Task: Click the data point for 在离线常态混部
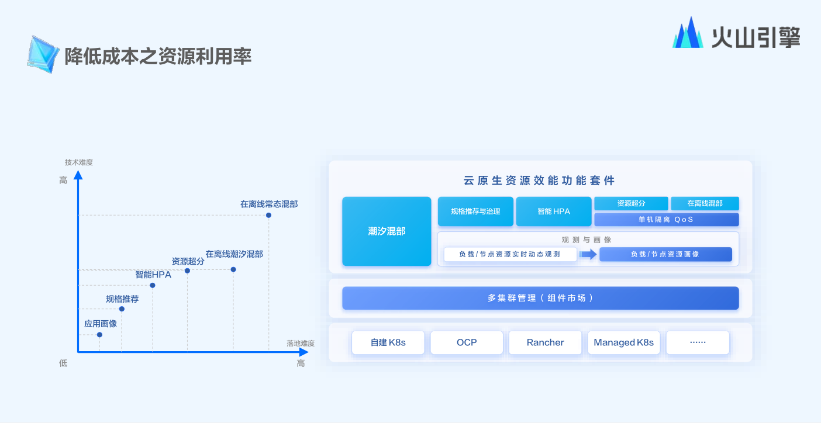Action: point(268,216)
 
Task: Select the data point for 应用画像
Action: point(99,335)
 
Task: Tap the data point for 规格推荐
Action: point(122,309)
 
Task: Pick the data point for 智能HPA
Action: point(153,285)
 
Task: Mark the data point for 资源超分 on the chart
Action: point(187,271)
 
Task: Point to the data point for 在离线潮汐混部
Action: point(233,269)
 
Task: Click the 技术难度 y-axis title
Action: point(79,162)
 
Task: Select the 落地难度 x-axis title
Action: point(301,343)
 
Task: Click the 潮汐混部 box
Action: point(387,231)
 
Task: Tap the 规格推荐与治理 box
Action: point(475,211)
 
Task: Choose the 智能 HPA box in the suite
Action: point(554,211)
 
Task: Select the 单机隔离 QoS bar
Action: point(666,219)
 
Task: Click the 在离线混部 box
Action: point(705,203)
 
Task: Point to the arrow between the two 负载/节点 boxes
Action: point(588,254)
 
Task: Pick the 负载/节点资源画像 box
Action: point(665,254)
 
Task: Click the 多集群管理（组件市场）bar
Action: point(541,298)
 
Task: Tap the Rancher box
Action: point(545,342)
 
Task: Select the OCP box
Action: point(467,342)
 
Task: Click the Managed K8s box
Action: point(623,342)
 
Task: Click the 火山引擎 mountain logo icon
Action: point(688,32)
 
